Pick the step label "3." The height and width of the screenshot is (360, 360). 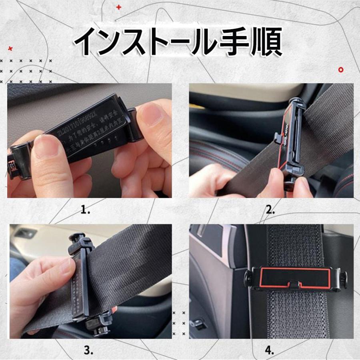pos(89,351)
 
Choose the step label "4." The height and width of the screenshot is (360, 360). pos(270,351)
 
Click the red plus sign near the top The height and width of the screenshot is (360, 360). pos(118,7)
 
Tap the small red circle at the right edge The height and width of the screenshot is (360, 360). pos(341,69)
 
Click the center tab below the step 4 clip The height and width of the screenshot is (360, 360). pos(294,284)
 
